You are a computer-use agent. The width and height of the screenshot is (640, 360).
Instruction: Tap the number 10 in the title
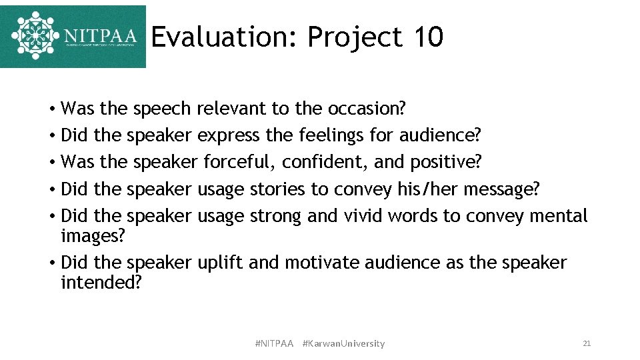[x=427, y=37]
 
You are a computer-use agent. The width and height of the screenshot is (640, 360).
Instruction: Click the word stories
[x=277, y=189]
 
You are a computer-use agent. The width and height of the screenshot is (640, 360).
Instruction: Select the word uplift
[x=220, y=263]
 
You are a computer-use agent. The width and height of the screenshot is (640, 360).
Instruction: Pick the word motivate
[x=322, y=263]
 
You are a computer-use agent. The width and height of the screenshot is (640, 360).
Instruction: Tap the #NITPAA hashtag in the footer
[x=274, y=343]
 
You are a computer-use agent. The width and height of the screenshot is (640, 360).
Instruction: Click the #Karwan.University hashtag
[x=343, y=343]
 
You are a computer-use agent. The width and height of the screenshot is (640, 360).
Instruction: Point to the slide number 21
[x=587, y=343]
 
